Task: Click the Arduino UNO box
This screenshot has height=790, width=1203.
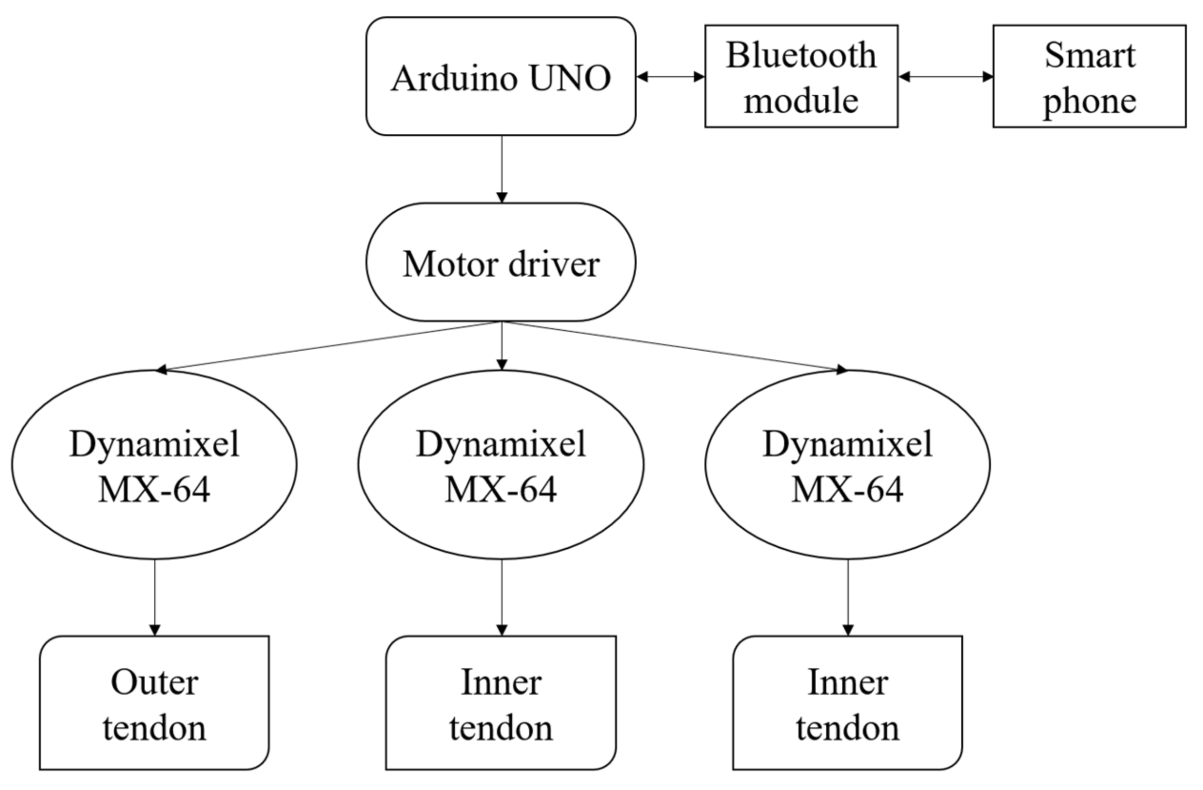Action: pos(501,76)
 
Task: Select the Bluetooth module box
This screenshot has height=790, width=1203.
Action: pos(801,76)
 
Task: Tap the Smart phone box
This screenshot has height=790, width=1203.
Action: pos(1089,76)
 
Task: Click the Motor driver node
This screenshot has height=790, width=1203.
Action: pos(501,262)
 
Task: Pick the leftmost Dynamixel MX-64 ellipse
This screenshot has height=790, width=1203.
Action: pos(154,464)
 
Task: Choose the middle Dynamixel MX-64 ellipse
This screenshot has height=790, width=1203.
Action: pos(501,464)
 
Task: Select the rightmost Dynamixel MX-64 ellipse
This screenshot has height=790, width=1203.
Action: pos(847,464)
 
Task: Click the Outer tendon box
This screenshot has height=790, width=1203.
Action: pos(154,703)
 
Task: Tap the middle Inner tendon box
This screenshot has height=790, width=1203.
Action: pos(501,703)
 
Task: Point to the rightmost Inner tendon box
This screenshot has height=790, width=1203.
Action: pos(847,703)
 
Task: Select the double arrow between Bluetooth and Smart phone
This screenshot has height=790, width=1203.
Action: pos(945,77)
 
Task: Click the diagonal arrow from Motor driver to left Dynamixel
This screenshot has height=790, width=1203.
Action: pos(328,346)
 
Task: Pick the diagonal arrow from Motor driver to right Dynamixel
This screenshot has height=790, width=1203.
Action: pos(675,346)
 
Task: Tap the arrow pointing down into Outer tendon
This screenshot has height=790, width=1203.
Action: pos(155,597)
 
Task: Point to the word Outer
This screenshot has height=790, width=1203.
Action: pos(154,682)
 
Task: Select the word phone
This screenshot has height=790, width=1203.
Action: pos(1090,101)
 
